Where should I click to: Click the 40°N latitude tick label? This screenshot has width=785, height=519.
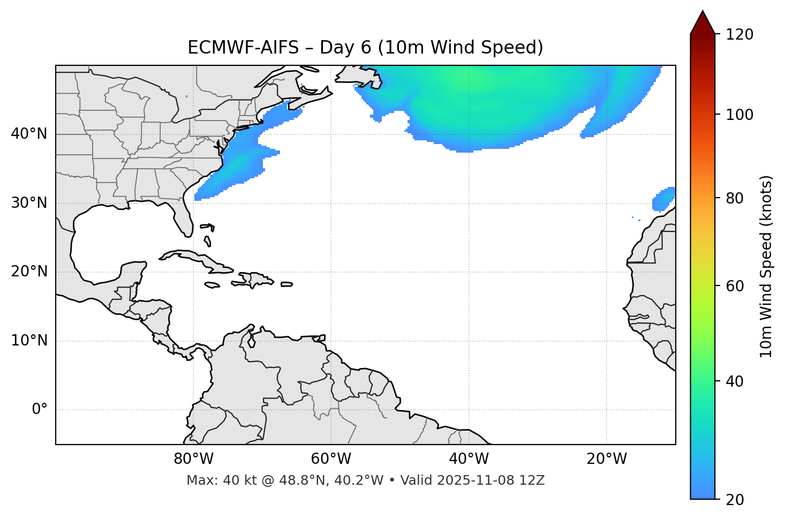tap(29, 134)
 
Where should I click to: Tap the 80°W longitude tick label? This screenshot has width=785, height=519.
tap(193, 459)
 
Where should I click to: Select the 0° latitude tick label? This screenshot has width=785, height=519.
tap(39, 410)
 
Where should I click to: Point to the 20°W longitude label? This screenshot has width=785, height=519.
tap(607, 459)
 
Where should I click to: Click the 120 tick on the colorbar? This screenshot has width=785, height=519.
tap(739, 35)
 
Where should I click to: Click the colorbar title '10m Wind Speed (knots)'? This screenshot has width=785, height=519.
tap(766, 266)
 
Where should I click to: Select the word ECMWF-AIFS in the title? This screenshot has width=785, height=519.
tap(243, 48)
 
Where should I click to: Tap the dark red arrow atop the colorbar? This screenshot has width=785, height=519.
tap(703, 23)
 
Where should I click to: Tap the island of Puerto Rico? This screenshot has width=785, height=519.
tap(287, 284)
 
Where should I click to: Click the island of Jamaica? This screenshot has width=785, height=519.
tap(212, 285)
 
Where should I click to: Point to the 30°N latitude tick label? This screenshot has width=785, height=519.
tap(29, 203)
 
